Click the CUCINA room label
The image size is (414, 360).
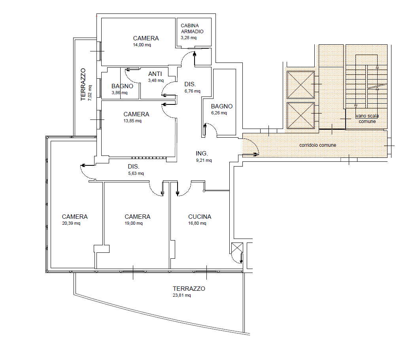coord(200,216)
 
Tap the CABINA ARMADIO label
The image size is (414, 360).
coord(192,28)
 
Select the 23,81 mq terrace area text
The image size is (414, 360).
coord(181,295)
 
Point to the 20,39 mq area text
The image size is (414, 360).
coord(71,223)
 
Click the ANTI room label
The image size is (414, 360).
coord(155,74)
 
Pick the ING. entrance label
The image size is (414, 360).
coord(202,153)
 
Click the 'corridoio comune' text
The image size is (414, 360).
coord(318,145)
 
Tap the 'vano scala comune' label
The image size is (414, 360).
coord(367,119)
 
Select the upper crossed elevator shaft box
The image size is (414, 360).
coord(301,85)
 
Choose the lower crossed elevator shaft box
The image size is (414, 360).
coord(301,116)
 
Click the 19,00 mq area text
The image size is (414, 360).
coord(134,223)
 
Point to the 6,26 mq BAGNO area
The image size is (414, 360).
coord(219,113)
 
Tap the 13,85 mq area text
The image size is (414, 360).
coord(132,121)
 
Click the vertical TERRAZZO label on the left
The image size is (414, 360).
coord(83,85)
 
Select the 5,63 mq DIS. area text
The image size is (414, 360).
coord(136,173)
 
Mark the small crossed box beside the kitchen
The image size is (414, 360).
coord(237,248)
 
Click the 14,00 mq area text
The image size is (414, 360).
coord(142,45)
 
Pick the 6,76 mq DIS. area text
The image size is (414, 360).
coord(193,91)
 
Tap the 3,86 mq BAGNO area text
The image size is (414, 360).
coord(119,93)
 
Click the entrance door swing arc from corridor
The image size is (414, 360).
coord(255,144)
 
